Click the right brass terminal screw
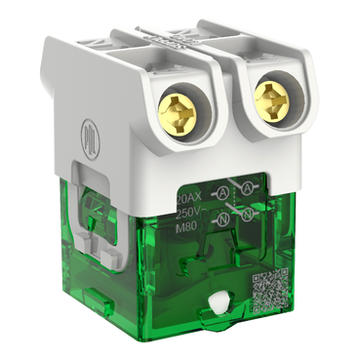(274, 100)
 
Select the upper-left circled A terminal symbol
(221, 193)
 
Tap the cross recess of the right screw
(274, 100)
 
